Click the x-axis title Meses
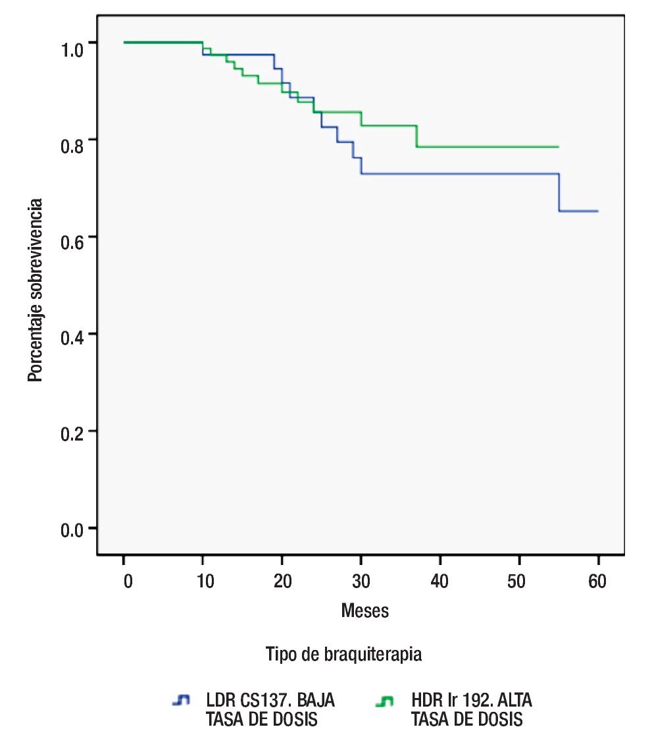364,611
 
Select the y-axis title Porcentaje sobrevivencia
36,290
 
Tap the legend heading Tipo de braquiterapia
343,655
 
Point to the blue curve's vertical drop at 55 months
559,192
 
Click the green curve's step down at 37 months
416,136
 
